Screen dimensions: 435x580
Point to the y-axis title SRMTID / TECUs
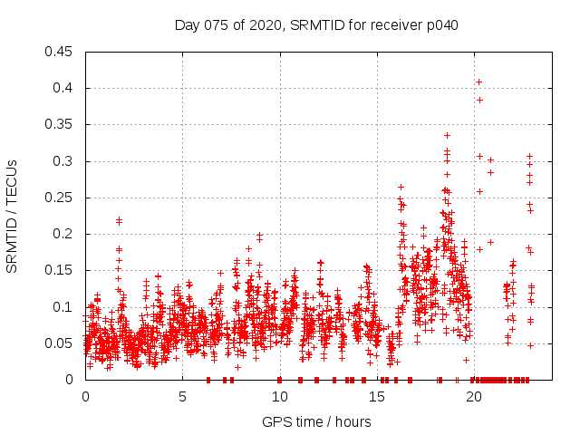click(x=12, y=216)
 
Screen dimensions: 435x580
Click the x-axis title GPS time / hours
click(x=316, y=421)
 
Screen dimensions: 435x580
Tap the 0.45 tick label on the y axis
click(x=60, y=52)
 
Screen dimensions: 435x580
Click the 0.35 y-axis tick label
click(x=60, y=124)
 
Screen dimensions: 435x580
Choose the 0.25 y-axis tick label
click(x=60, y=198)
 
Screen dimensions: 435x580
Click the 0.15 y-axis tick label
click(x=60, y=270)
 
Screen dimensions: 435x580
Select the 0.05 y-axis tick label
click(x=60, y=343)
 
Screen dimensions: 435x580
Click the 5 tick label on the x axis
click(x=182, y=396)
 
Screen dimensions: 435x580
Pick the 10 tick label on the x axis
click(x=279, y=396)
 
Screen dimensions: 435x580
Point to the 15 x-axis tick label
click(x=376, y=396)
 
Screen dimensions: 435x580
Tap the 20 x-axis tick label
click(x=473, y=396)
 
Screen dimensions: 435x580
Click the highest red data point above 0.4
click(x=478, y=82)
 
